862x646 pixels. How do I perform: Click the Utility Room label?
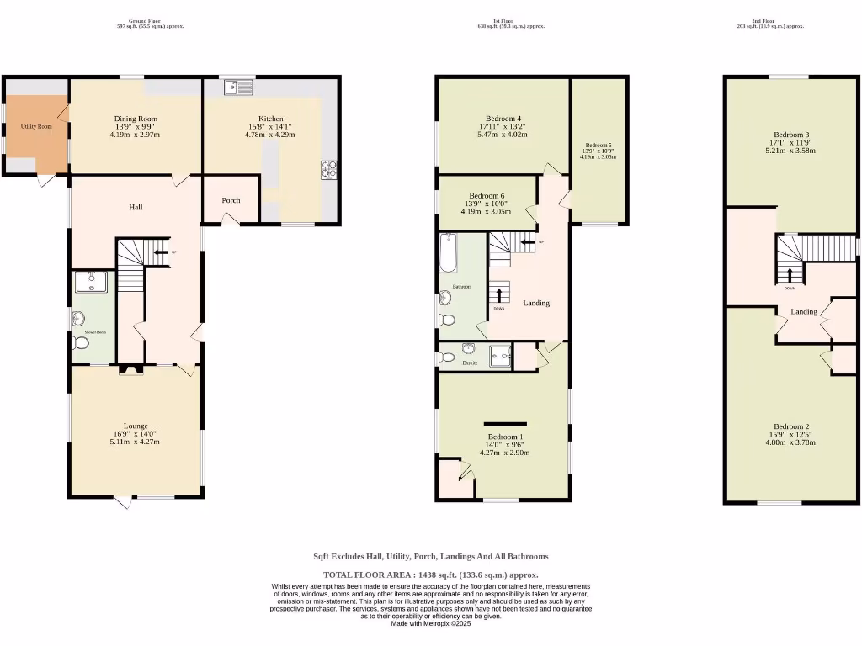click(x=36, y=127)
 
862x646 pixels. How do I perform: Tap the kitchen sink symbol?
click(x=238, y=85)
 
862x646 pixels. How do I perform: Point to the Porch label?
click(x=231, y=200)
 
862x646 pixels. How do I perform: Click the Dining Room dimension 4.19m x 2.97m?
click(x=136, y=135)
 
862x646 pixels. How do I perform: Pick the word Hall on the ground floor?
click(x=136, y=207)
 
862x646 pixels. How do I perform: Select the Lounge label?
click(x=136, y=426)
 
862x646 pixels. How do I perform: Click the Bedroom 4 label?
click(x=503, y=119)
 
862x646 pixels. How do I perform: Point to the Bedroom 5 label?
click(x=598, y=145)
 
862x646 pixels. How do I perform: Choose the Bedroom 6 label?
click(x=487, y=196)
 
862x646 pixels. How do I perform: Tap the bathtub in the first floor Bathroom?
click(x=449, y=253)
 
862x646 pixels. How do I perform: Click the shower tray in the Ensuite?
click(x=501, y=356)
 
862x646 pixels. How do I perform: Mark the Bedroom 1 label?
click(x=505, y=437)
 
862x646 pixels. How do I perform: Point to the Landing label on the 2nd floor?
click(x=804, y=312)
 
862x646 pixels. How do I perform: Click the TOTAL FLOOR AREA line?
click(x=431, y=575)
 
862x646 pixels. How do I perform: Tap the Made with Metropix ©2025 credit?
click(x=431, y=623)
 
